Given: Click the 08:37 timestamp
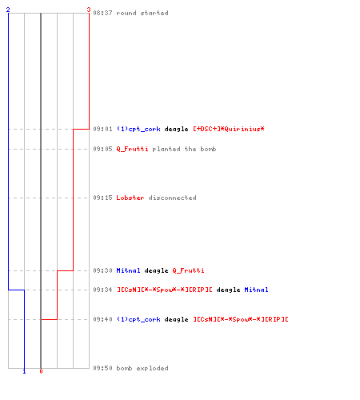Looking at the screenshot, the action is [x=102, y=13].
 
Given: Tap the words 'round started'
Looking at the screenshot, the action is [x=142, y=13].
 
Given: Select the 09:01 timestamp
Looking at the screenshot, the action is [x=102, y=129].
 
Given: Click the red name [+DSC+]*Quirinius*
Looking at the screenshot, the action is [x=229, y=129].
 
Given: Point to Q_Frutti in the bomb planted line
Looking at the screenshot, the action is [x=132, y=149].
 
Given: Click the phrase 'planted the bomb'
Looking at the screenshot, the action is [x=184, y=149].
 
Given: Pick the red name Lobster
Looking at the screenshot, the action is [x=130, y=198].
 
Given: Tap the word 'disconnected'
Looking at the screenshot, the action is [x=173, y=198].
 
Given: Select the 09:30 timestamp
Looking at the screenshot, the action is [x=102, y=270].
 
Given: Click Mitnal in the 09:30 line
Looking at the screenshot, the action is [x=128, y=270].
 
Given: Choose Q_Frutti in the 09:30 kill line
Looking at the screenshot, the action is [x=188, y=270].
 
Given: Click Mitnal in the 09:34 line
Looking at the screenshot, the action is [x=256, y=290].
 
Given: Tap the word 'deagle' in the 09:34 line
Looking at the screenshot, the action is [x=228, y=290].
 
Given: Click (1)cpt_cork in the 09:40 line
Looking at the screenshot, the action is [x=138, y=319].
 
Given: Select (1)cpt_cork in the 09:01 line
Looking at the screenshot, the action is [x=138, y=129].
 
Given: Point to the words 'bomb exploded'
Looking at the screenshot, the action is [x=142, y=368].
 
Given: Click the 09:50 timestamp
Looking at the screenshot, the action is [x=102, y=368].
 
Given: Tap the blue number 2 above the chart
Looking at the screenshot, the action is [x=8, y=10].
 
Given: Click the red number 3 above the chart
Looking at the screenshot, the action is [x=89, y=10].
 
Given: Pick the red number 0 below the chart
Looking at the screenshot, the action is [x=41, y=371].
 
